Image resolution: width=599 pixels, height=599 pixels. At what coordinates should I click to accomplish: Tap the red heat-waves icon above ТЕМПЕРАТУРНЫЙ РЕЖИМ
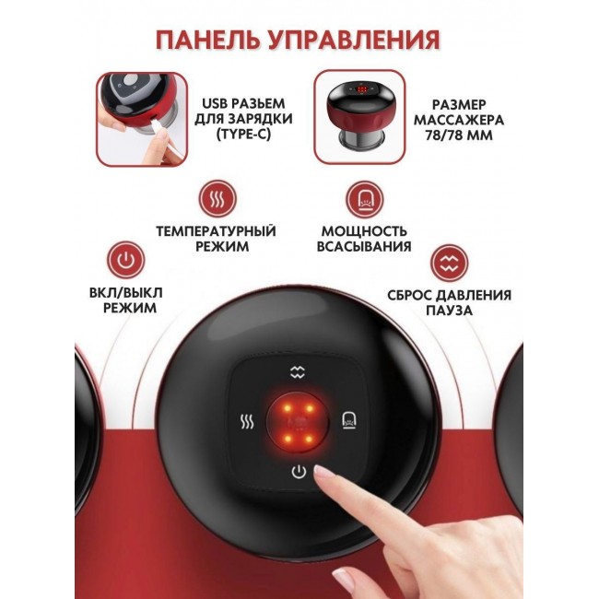[x=217, y=199]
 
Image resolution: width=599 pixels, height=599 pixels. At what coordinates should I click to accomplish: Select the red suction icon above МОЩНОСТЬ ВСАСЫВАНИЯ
[x=365, y=199]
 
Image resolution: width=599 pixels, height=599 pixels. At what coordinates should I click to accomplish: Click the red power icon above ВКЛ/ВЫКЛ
[x=125, y=260]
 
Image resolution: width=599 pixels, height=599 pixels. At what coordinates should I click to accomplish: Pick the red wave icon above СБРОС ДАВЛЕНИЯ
[x=450, y=263]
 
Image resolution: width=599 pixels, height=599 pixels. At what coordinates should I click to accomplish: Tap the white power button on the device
[x=299, y=472]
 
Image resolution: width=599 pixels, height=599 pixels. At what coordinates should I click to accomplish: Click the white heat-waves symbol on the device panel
[x=247, y=422]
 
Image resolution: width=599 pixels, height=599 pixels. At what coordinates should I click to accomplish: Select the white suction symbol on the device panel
[x=349, y=420]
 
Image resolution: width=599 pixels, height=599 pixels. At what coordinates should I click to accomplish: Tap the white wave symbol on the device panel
[x=298, y=371]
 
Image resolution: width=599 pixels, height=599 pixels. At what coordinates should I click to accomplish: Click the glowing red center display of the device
[x=298, y=422]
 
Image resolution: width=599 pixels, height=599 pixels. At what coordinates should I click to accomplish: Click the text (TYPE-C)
[x=243, y=135]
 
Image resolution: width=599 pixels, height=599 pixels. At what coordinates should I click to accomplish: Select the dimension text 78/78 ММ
[x=459, y=135]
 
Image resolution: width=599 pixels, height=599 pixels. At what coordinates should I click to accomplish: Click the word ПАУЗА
[x=450, y=311]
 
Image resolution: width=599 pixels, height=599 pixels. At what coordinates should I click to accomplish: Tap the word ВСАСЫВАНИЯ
[x=364, y=246]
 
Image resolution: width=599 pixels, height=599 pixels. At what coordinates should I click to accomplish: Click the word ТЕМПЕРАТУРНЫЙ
[x=216, y=231]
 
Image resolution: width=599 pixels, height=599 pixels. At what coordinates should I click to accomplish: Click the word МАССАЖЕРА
[x=459, y=120]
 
